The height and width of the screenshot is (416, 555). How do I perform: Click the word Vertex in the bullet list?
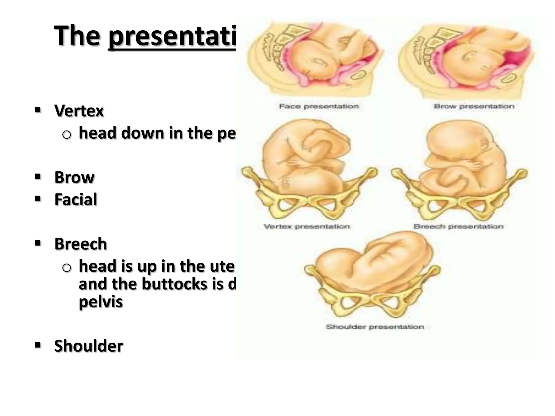click(x=79, y=111)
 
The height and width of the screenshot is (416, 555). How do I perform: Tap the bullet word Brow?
click(x=74, y=177)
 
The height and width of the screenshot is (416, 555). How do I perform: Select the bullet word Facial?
click(x=76, y=200)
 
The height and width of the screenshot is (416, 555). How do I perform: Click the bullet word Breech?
click(x=80, y=244)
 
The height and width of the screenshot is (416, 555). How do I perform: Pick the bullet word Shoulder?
click(x=89, y=346)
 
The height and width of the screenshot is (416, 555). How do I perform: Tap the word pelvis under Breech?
click(x=101, y=302)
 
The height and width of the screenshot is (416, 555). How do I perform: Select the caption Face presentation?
click(x=319, y=106)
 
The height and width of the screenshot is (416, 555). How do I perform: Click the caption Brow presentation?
click(x=474, y=106)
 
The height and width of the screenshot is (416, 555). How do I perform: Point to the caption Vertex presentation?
click(x=306, y=226)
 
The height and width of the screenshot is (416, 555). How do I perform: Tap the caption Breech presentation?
click(x=458, y=226)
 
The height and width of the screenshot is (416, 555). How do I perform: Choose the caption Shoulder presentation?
click(x=375, y=327)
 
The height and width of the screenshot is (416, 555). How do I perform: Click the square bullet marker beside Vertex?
click(x=38, y=110)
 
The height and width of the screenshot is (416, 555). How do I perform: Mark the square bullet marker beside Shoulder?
click(x=38, y=345)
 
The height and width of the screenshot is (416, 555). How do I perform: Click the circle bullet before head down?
click(x=66, y=135)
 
